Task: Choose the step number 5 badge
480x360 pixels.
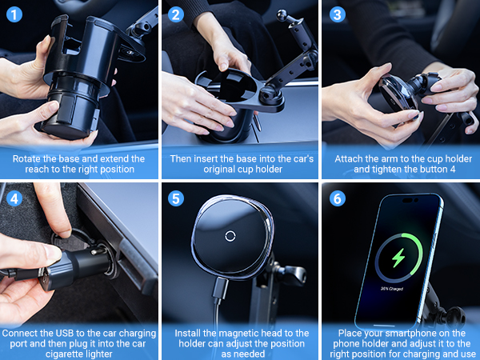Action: (x=177, y=198)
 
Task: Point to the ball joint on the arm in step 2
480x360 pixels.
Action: (x=284, y=16)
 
